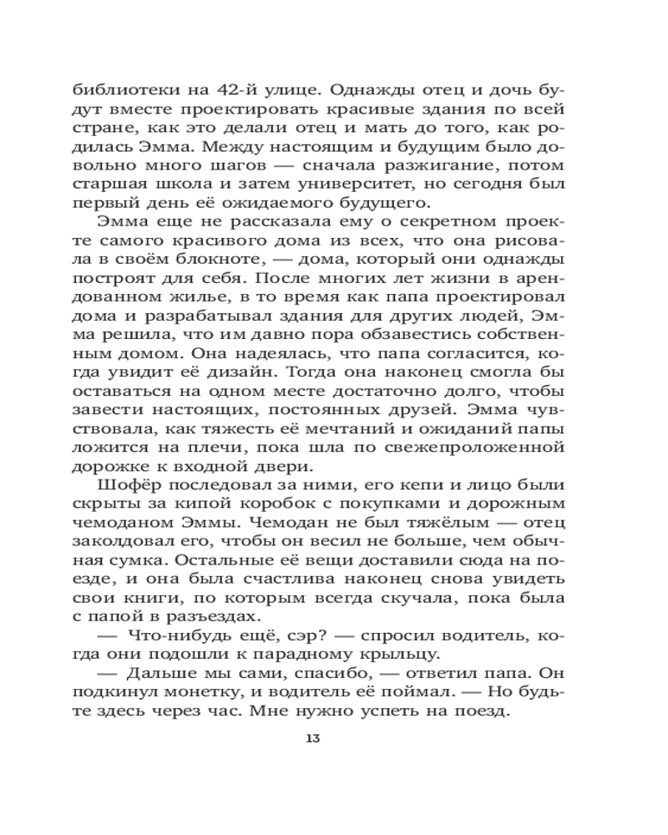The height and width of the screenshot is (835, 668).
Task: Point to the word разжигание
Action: [443, 156]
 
